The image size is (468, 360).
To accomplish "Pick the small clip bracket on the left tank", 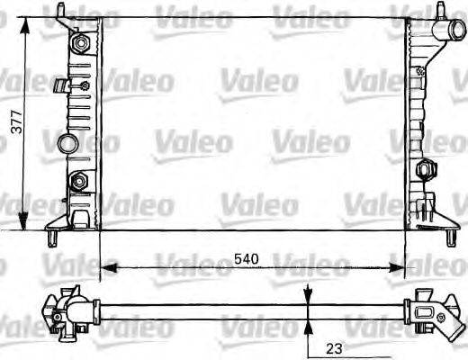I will pos(63,86).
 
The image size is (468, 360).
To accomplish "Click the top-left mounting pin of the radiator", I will pos(60,11).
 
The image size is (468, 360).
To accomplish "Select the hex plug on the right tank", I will pos(426,170).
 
